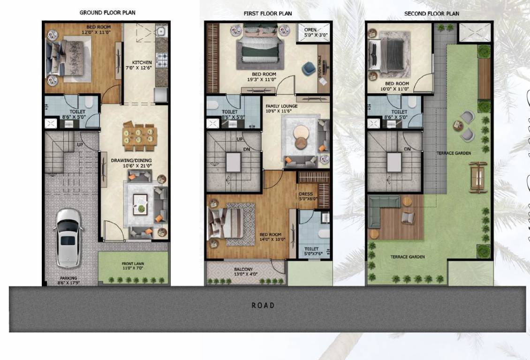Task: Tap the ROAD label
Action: point(263,306)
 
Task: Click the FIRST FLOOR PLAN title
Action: point(268,13)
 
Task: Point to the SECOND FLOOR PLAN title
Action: point(432,14)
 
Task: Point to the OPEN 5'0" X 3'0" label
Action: point(314,32)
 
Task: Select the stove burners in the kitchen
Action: point(162,60)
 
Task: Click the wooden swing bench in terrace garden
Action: point(478,177)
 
